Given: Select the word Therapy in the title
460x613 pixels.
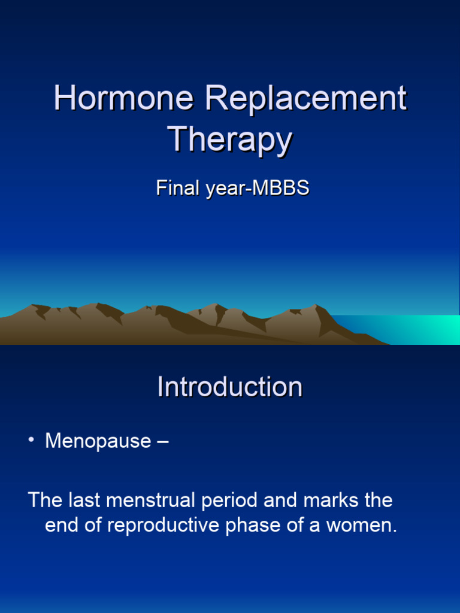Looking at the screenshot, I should click(230, 139).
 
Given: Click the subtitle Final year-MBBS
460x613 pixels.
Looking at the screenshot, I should click(232, 188).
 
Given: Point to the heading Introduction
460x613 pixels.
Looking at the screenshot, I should click(230, 387).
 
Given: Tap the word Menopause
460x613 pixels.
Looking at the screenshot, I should click(98, 441).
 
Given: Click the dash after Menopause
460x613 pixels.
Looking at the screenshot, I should click(162, 442).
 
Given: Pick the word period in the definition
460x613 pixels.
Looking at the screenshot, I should click(210, 500).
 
